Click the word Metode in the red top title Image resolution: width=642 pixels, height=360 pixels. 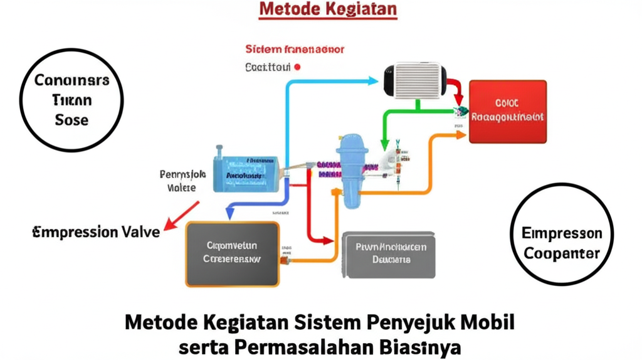pyautogui.click(x=287, y=9)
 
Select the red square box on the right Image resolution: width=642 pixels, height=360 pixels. pyautogui.click(x=508, y=111)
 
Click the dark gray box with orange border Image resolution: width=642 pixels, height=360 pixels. pyautogui.click(x=232, y=253)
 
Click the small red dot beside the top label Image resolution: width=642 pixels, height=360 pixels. pyautogui.click(x=297, y=66)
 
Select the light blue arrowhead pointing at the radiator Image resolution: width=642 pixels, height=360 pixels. pyautogui.click(x=374, y=81)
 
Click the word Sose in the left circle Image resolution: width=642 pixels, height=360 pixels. pyautogui.click(x=71, y=120)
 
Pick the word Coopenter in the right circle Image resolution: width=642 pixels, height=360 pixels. pyautogui.click(x=562, y=254)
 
